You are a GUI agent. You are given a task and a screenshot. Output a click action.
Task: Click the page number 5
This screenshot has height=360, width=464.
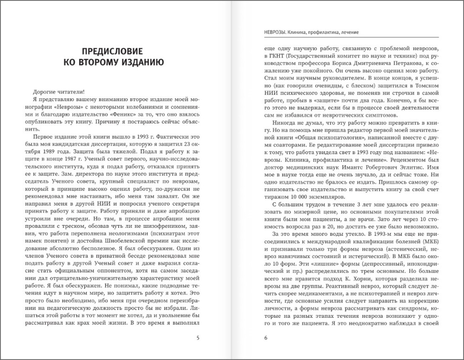point(198,337)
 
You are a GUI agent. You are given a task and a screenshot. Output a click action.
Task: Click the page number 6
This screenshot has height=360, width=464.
point(266,337)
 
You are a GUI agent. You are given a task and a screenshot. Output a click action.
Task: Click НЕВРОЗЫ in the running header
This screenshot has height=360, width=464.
point(273,32)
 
